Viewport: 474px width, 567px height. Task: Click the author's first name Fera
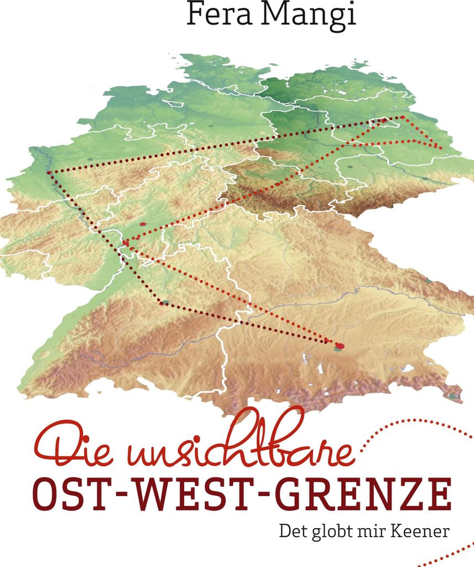(217, 14)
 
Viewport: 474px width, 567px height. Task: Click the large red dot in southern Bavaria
(340, 346)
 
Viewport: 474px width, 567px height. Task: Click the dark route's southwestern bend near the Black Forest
(162, 302)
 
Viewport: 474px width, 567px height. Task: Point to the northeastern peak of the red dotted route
(402, 117)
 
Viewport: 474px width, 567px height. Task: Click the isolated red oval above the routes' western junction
(143, 224)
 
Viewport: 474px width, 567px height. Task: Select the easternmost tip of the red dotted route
(440, 148)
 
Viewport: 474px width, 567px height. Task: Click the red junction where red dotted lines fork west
(126, 243)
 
